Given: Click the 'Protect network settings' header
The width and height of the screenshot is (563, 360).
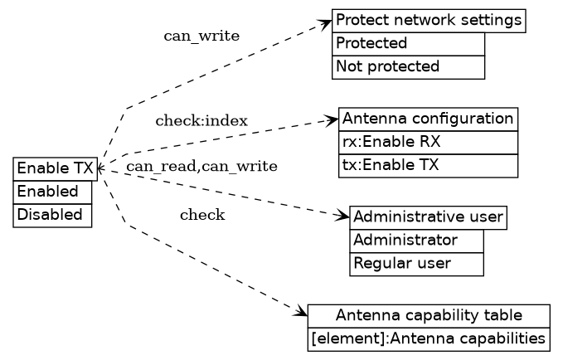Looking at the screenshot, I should pos(429,21).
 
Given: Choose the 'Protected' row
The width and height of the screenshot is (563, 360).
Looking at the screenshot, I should pos(408,44).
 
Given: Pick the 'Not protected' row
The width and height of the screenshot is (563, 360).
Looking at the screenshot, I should pos(408,67).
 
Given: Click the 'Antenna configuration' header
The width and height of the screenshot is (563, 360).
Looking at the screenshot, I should pos(428,119).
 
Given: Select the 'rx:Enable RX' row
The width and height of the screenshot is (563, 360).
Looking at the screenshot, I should pos(428,142).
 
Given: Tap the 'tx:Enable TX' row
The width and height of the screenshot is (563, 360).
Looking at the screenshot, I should pos(428,165).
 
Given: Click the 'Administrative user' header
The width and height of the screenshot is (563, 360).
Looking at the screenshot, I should pos(428,218).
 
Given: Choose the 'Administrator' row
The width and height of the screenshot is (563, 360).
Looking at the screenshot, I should pos(416,241).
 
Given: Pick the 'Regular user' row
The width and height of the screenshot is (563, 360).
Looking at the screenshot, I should pos(416,264).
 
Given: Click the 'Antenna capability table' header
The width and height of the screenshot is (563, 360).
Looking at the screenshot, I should pos(428,316).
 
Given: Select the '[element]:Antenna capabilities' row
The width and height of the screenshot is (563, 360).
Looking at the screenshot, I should pos(428,339).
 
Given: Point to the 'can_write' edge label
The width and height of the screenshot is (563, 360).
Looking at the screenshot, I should pos(201,36).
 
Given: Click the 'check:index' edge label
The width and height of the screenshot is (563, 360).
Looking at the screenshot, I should pos(201,121).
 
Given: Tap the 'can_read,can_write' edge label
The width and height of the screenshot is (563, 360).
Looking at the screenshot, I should pos(201,167).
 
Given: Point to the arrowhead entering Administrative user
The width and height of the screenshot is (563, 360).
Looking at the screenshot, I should pos(344,217).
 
